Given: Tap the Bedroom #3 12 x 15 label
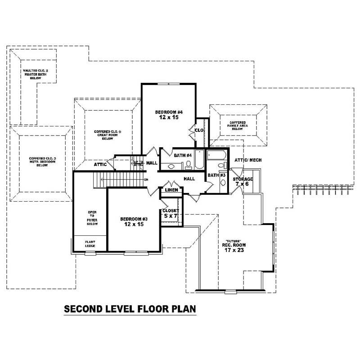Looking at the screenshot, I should click(x=134, y=222).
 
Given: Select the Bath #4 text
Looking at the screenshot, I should click(x=183, y=155).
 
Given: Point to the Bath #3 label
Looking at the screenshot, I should click(x=213, y=175).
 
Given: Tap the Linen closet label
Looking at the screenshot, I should click(x=171, y=190).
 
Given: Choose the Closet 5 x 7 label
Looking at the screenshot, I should click(x=171, y=213).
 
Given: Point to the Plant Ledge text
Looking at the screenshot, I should click(x=90, y=243).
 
